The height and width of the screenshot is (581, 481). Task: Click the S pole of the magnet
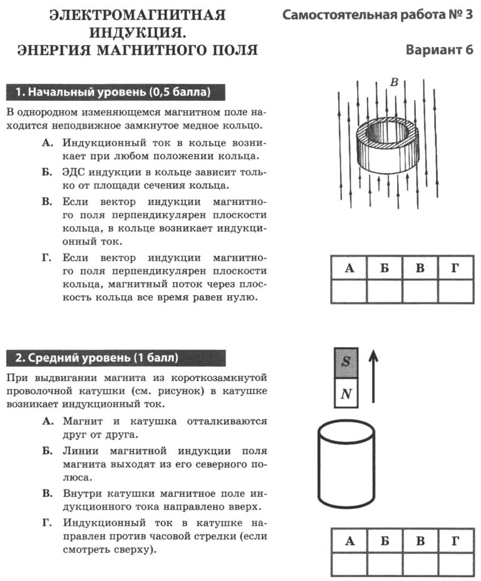(x=346, y=362)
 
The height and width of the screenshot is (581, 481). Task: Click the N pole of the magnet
(x=346, y=394)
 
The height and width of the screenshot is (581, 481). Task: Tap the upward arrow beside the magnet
(x=373, y=375)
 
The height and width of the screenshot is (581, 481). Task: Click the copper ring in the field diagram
(x=385, y=150)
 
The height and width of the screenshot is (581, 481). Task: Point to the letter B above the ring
(x=394, y=82)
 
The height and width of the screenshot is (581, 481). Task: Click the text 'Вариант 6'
(x=439, y=50)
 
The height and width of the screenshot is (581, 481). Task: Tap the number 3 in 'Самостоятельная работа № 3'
(x=468, y=14)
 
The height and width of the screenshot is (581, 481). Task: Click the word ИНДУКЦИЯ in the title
(x=137, y=32)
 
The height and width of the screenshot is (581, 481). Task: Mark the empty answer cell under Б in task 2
(x=385, y=564)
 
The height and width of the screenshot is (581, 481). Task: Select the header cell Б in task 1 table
(x=385, y=269)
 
